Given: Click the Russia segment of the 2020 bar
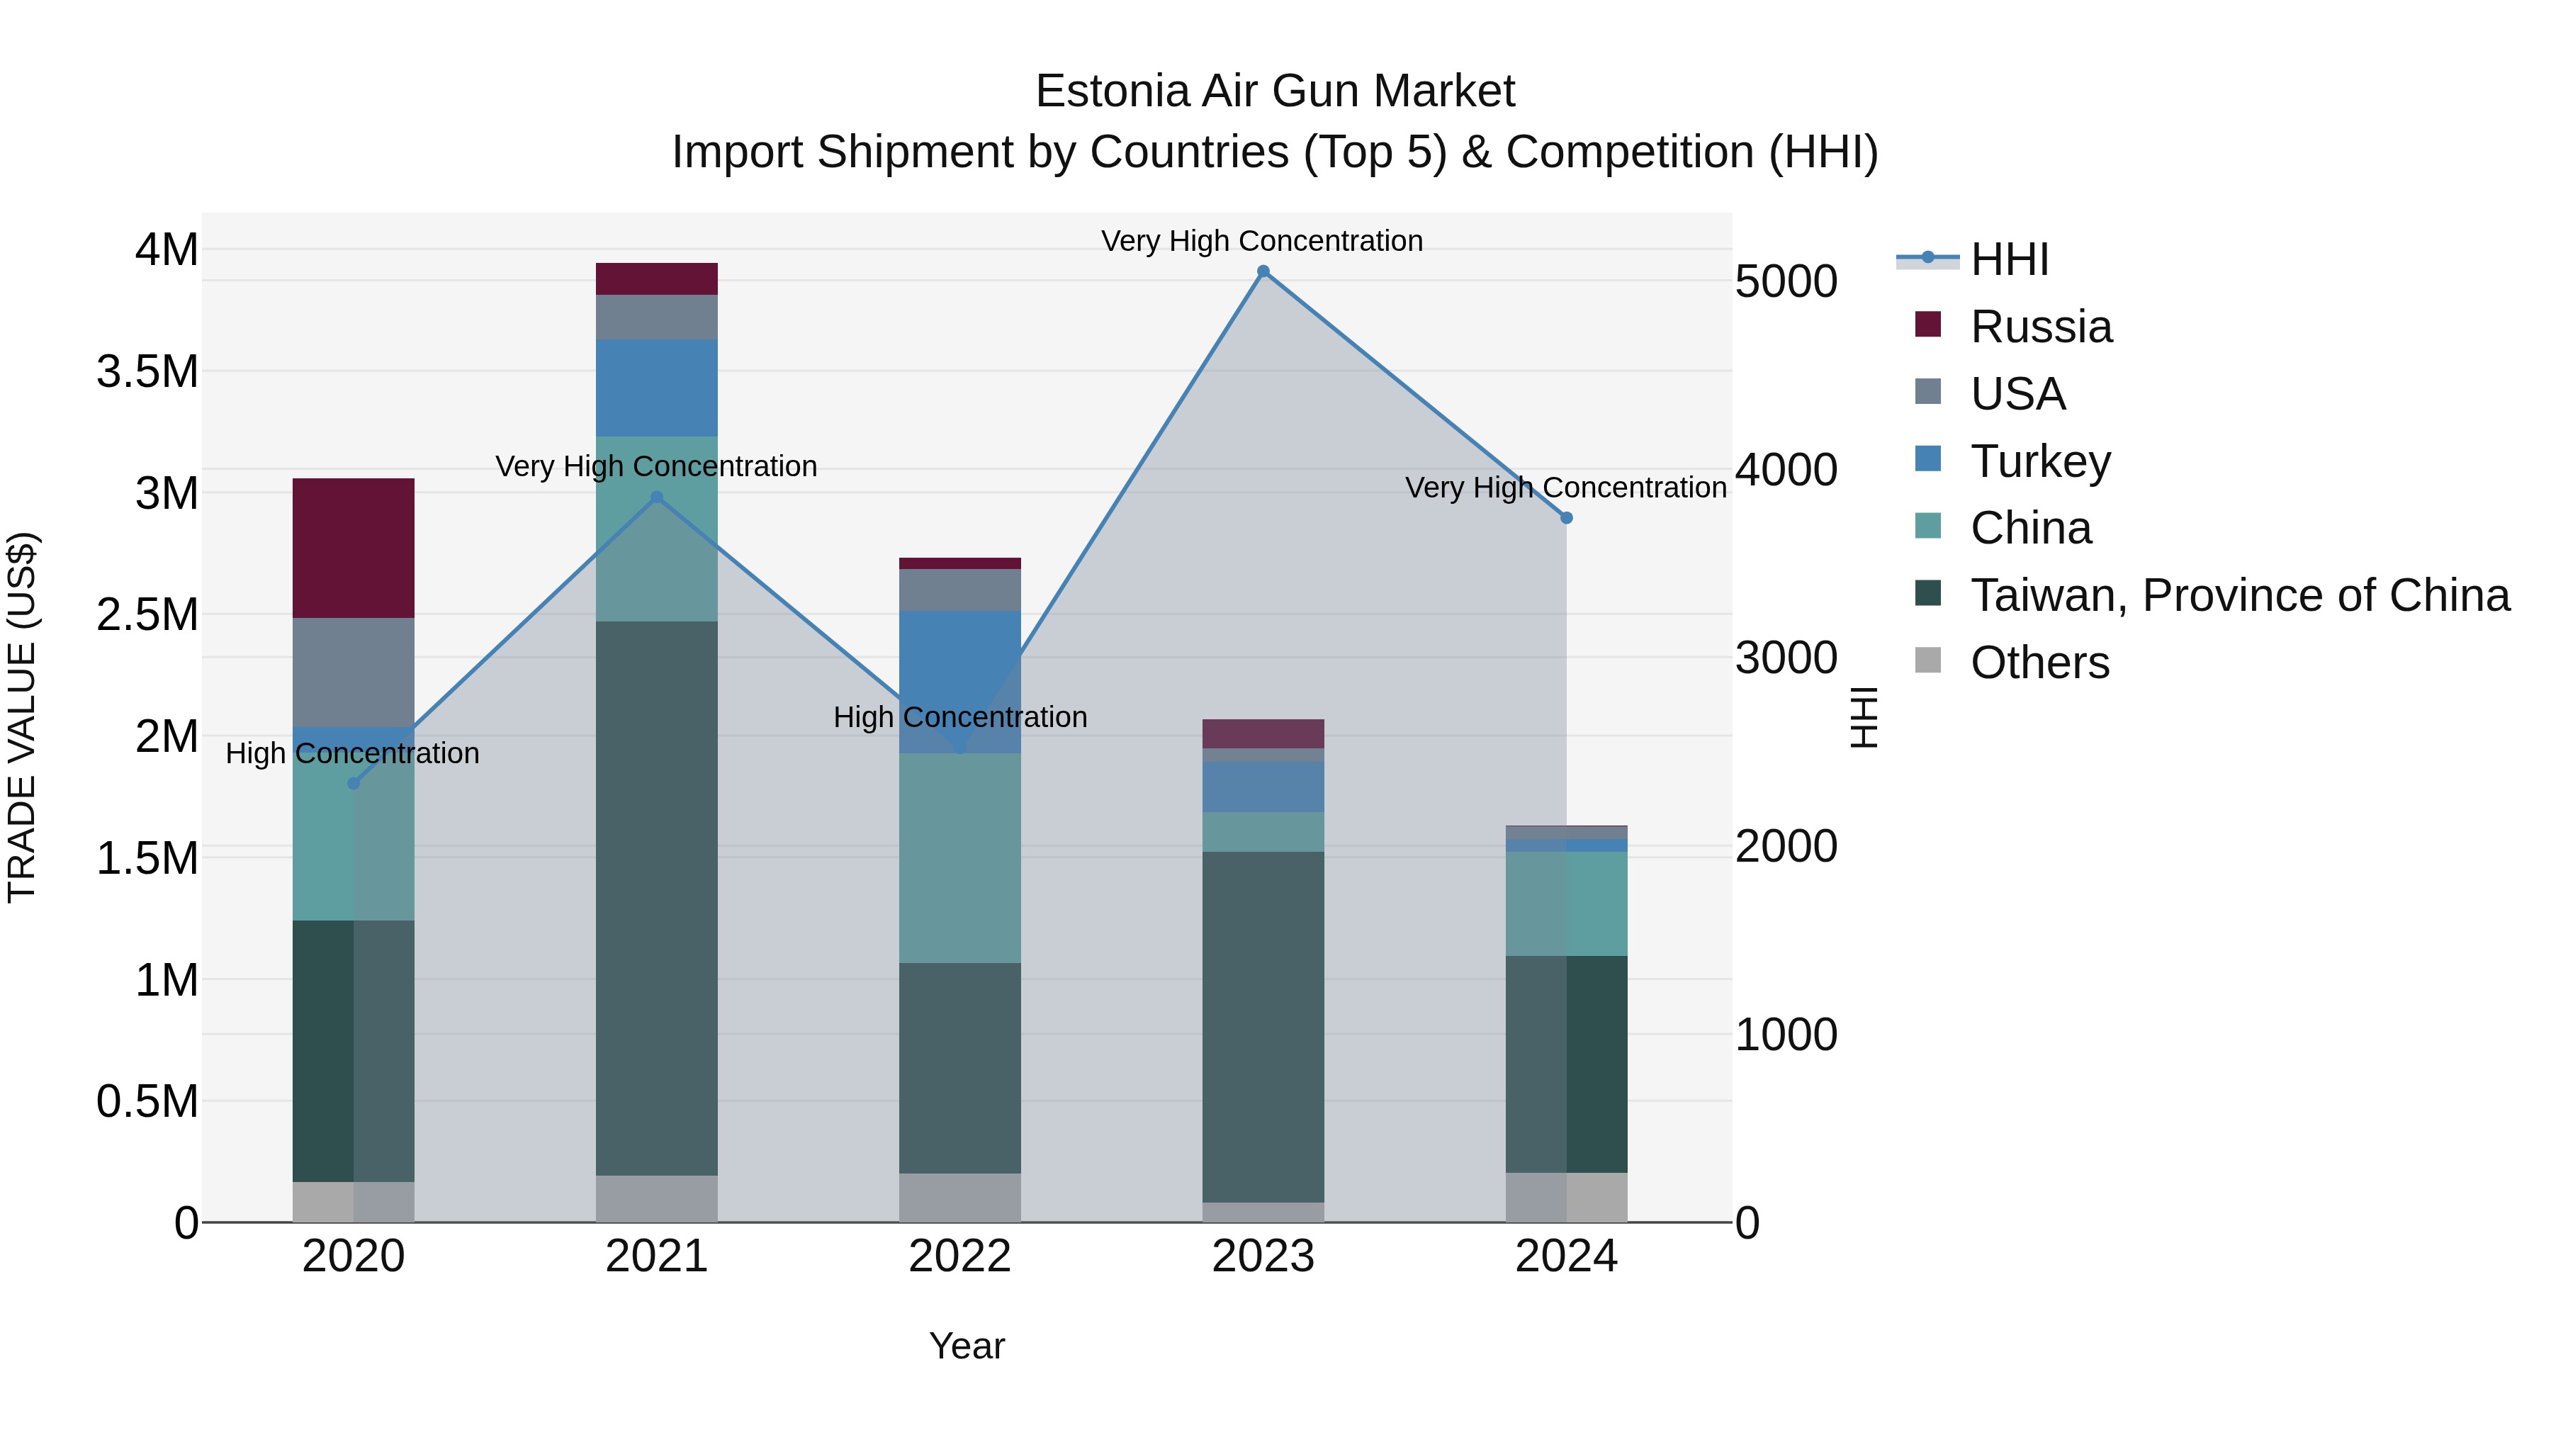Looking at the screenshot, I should (x=354, y=548).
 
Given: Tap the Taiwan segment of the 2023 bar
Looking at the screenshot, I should (x=1263, y=1026).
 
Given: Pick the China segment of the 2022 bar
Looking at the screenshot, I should (x=959, y=857).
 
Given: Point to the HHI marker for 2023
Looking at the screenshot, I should (x=1263, y=271).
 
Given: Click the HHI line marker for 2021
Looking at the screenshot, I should (x=657, y=497).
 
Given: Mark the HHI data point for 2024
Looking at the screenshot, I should (x=1565, y=518).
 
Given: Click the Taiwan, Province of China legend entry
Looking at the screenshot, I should (x=2238, y=595).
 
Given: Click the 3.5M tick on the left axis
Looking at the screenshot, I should (x=147, y=372).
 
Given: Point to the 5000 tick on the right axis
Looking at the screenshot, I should (x=1786, y=281).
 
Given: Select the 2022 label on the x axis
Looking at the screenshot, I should (x=959, y=1256).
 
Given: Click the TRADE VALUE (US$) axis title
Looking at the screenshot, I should (x=22, y=717).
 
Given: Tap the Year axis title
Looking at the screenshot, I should (x=967, y=1346).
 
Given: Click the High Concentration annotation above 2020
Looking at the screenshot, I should (x=353, y=754).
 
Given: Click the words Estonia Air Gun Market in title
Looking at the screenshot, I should (x=1275, y=91).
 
